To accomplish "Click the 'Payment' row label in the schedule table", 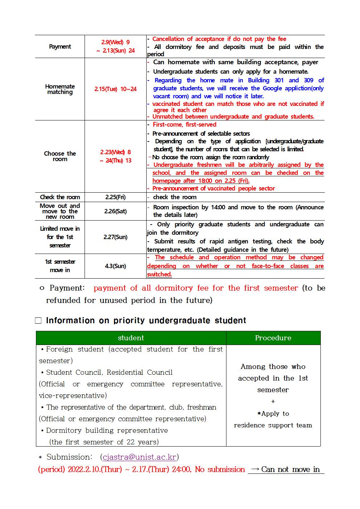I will pyautogui.click(x=60, y=46).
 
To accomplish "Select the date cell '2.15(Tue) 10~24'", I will pyautogui.click(x=115, y=89).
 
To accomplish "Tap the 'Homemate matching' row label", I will pyautogui.click(x=60, y=89).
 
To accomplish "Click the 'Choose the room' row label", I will pyautogui.click(x=60, y=156).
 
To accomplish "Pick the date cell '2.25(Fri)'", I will pyautogui.click(x=115, y=197).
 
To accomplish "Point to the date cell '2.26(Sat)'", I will pyautogui.click(x=115, y=211).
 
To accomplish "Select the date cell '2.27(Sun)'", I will pyautogui.click(x=115, y=237).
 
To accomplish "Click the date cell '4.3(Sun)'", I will pyautogui.click(x=115, y=266).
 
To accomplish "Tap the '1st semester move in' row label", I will pyautogui.click(x=60, y=266).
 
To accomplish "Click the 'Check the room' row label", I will pyautogui.click(x=60, y=197).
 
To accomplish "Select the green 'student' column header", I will pyautogui.click(x=131, y=338).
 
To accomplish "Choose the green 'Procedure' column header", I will pyautogui.click(x=273, y=338).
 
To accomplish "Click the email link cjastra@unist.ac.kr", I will pyautogui.click(x=139, y=457).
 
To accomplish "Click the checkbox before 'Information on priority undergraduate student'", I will pyautogui.click(x=38, y=321).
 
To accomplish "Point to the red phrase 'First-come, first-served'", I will pyautogui.click(x=184, y=124).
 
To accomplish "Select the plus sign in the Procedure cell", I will pyautogui.click(x=273, y=402).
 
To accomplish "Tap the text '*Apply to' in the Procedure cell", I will pyautogui.click(x=273, y=414).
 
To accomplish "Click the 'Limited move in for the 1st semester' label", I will pyautogui.click(x=60, y=237).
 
